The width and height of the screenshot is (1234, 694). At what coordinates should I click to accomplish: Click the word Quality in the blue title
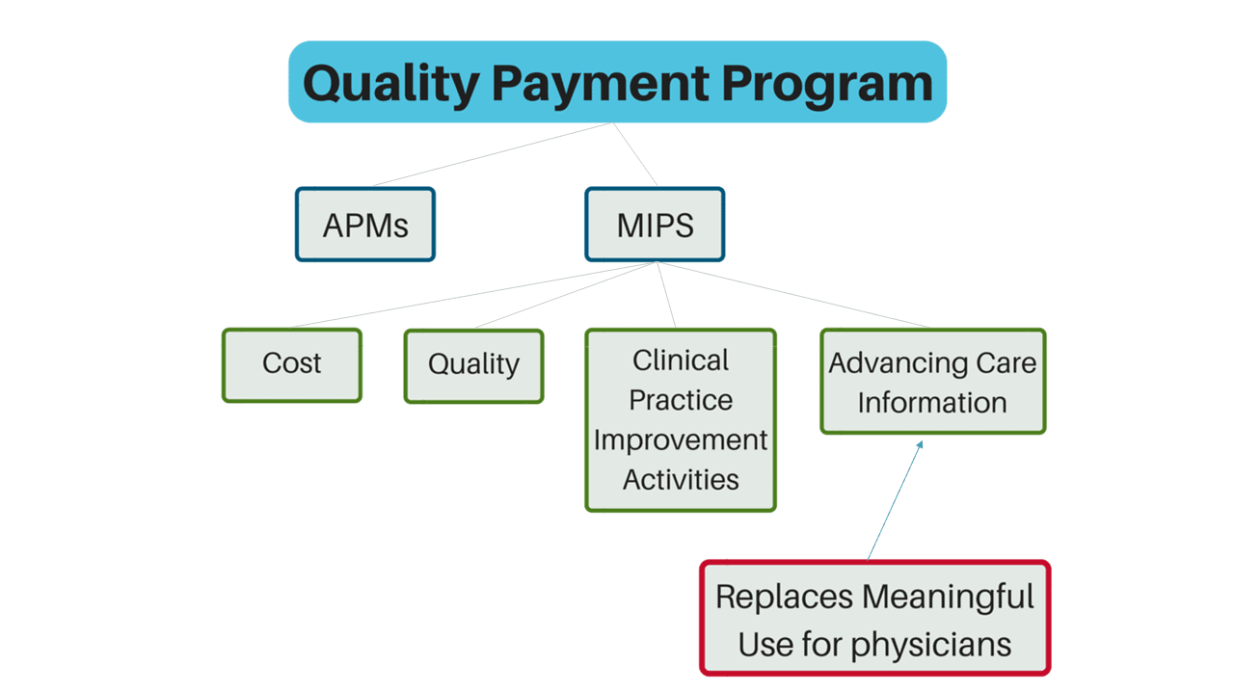click(x=391, y=85)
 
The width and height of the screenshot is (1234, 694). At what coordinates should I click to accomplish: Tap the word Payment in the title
click(x=600, y=84)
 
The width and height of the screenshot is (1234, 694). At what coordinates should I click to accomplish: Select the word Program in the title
click(x=827, y=84)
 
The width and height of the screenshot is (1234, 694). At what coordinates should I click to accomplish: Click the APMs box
click(x=365, y=225)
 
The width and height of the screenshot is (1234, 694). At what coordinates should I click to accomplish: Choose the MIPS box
click(x=655, y=225)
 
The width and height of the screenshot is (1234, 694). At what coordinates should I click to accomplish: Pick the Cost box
click(x=292, y=365)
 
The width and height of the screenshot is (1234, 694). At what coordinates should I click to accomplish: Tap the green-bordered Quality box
click(x=473, y=366)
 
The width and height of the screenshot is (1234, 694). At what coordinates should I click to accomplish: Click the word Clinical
click(x=681, y=360)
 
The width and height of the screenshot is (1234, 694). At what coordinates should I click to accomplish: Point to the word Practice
click(x=681, y=400)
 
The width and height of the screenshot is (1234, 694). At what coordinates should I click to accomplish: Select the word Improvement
click(x=681, y=440)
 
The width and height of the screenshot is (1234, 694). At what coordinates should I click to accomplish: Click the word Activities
click(x=681, y=479)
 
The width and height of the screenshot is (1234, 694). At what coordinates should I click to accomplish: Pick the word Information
click(x=932, y=402)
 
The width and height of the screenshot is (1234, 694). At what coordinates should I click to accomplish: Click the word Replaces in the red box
click(x=784, y=598)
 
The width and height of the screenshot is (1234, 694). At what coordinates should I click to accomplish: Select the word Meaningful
click(x=948, y=598)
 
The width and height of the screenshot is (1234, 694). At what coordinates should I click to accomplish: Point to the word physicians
click(x=931, y=645)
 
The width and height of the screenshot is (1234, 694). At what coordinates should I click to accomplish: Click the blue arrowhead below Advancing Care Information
click(x=920, y=444)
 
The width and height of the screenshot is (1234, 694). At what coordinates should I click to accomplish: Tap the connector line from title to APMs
click(x=492, y=154)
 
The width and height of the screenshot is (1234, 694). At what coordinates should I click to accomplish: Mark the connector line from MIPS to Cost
click(x=473, y=295)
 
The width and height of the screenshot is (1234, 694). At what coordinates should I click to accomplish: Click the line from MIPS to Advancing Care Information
click(x=793, y=295)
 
